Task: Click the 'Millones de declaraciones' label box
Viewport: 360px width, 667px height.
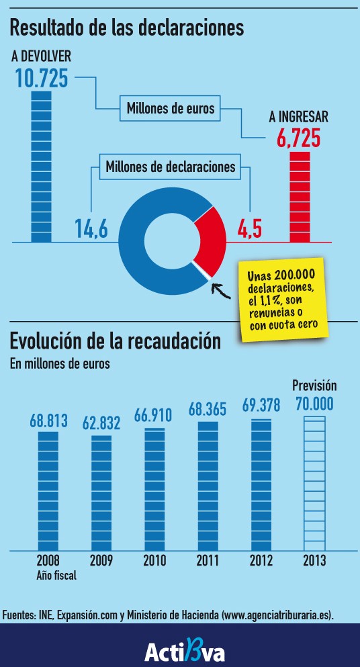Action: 171,167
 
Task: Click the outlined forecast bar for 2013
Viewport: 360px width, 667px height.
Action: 314,483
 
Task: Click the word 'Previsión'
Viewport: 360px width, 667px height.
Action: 314,386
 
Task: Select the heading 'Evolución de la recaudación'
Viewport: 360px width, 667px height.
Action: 115,341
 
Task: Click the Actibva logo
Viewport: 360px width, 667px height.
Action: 185,651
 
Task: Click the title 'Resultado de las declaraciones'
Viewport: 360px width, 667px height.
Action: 126,28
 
